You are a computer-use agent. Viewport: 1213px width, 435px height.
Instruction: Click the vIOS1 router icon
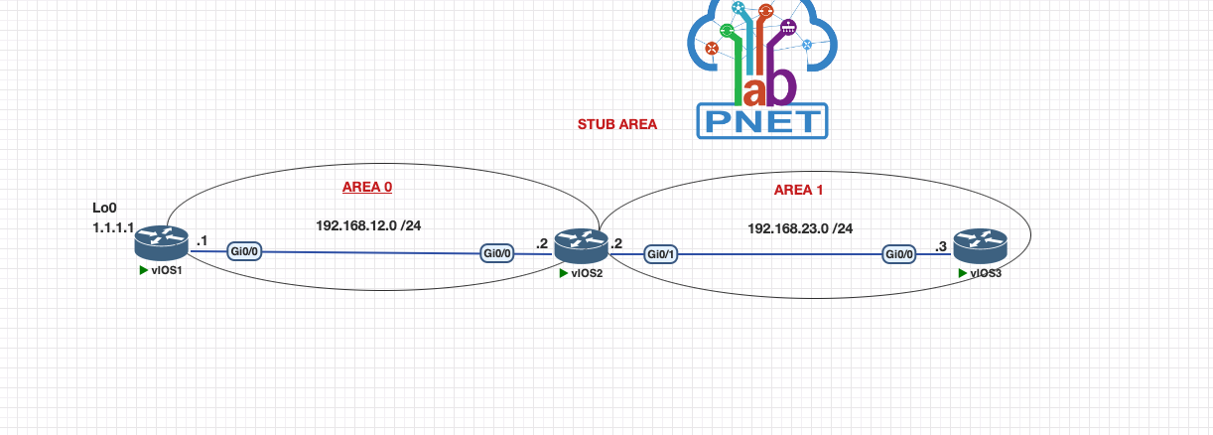[x=162, y=239]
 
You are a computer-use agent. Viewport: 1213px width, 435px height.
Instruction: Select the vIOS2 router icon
[x=580, y=244]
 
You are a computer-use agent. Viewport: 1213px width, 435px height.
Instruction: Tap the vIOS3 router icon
[x=980, y=244]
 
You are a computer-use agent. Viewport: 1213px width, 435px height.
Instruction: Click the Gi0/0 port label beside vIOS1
[x=244, y=251]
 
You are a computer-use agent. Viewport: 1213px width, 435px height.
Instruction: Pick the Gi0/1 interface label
[x=661, y=254]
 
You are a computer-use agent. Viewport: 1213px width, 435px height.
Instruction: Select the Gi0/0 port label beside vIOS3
[x=900, y=254]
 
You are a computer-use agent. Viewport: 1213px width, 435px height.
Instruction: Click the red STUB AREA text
[x=616, y=125]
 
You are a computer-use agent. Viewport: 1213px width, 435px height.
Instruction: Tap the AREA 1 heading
[x=798, y=190]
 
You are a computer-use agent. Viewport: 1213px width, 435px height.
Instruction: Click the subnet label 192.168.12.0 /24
[x=368, y=225]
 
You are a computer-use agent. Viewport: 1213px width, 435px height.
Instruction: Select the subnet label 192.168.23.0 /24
[x=799, y=228]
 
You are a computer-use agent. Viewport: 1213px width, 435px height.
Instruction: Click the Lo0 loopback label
[x=104, y=209]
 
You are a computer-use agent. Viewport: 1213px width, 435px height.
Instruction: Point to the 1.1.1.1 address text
[x=112, y=227]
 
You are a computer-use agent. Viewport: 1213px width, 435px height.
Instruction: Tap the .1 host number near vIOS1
[x=202, y=240]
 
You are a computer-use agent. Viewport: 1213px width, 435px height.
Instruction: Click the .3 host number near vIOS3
[x=941, y=247]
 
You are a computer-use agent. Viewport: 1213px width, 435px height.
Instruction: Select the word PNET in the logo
[x=762, y=121]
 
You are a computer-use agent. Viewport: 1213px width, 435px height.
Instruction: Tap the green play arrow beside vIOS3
[x=961, y=273]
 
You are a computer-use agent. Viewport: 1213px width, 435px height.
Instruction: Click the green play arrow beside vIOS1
[x=144, y=269]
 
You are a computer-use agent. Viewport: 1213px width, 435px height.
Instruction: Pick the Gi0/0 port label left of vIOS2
[x=497, y=253]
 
